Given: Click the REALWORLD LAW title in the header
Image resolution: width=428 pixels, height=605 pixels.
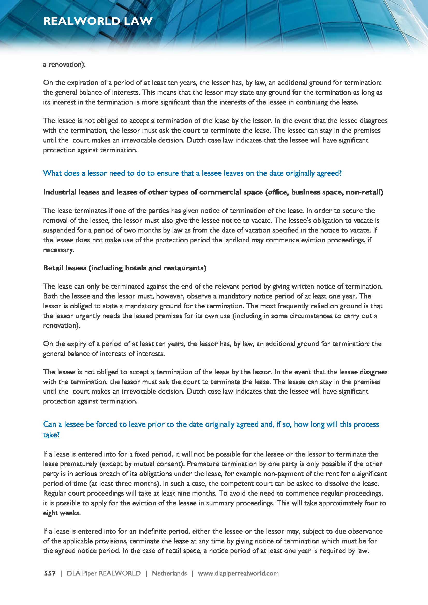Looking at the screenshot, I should [98, 21].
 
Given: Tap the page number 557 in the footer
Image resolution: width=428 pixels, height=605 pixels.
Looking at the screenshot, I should [50, 573].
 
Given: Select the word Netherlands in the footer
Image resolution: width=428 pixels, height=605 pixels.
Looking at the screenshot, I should [169, 573].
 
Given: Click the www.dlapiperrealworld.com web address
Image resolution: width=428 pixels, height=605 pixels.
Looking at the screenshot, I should [238, 573].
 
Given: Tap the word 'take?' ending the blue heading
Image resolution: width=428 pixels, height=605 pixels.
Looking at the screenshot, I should [51, 435].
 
